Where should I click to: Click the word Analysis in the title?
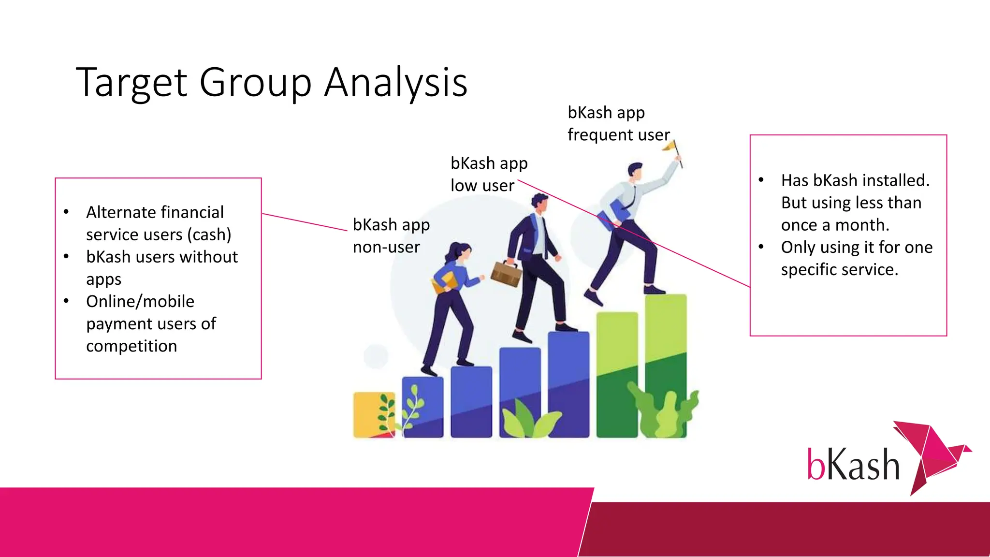[x=395, y=82]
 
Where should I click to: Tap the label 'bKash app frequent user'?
[x=618, y=123]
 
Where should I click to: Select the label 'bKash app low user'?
[x=488, y=174]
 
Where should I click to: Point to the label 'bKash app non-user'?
[x=391, y=235]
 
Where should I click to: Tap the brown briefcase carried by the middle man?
[x=506, y=274]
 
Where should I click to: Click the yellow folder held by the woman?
[x=444, y=282]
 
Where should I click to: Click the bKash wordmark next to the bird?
[x=853, y=464]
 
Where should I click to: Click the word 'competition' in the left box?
[x=131, y=346]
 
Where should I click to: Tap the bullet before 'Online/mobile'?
[x=66, y=301]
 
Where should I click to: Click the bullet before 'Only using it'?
[x=761, y=247]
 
